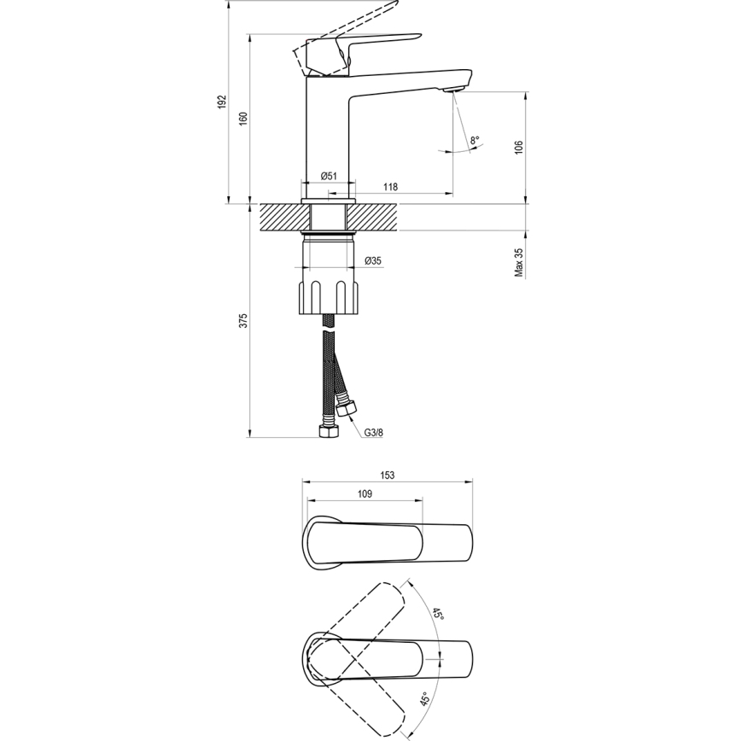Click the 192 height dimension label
click(x=222, y=102)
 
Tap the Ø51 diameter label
click(x=329, y=176)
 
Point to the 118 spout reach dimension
click(x=390, y=187)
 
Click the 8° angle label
click(x=475, y=139)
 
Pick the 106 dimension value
click(x=518, y=147)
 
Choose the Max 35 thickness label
click(x=518, y=262)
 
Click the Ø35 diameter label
click(x=373, y=261)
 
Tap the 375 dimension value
click(x=242, y=321)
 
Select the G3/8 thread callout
click(x=374, y=433)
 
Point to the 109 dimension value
click(x=365, y=493)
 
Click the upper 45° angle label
click(x=436, y=615)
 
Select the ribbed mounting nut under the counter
click(x=330, y=296)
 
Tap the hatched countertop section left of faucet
click(x=279, y=217)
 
